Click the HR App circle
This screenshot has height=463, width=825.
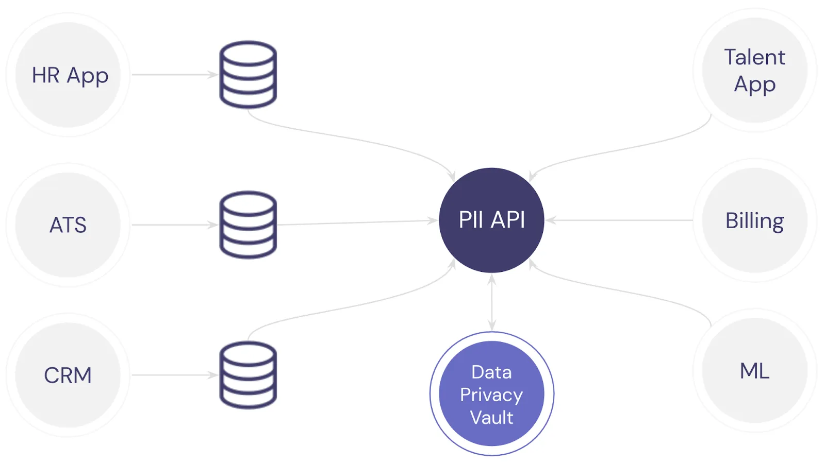tap(69, 75)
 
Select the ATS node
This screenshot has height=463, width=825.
tap(68, 225)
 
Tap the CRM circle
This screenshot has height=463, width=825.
tap(68, 375)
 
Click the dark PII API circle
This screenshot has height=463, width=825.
tap(491, 220)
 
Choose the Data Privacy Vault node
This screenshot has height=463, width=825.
tap(491, 394)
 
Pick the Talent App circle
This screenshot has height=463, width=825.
tap(754, 71)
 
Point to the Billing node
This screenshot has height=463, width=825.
tap(754, 220)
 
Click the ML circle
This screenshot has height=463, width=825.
tap(754, 371)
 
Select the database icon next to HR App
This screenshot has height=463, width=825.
tap(248, 75)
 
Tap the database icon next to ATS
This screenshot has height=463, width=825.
tap(248, 225)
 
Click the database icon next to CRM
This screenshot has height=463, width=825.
tap(248, 375)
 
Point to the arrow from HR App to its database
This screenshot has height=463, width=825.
tap(174, 75)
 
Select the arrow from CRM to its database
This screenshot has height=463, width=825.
tap(174, 375)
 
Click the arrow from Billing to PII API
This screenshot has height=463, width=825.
tap(619, 220)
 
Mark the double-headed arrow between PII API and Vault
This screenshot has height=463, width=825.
tap(491, 302)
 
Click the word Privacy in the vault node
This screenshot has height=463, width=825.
tap(491, 395)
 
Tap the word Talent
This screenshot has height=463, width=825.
tap(754, 57)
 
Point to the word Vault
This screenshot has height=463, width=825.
tap(491, 417)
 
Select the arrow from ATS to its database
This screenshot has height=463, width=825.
tap(174, 225)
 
